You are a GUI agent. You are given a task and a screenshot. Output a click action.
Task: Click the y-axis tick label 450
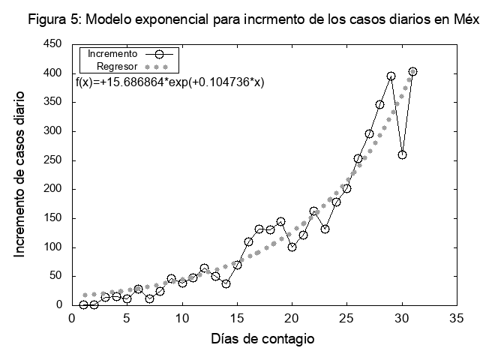click(x=52, y=44)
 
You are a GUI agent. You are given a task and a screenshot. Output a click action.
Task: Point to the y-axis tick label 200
click(x=52, y=189)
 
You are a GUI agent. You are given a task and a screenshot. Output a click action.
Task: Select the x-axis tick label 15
click(x=237, y=318)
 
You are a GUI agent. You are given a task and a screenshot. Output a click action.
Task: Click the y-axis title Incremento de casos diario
click(x=20, y=174)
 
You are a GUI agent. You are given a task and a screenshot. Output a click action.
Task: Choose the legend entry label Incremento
click(x=112, y=54)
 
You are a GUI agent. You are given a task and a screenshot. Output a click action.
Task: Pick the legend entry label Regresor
click(x=117, y=66)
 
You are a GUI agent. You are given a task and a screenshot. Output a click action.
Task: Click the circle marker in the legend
click(x=157, y=54)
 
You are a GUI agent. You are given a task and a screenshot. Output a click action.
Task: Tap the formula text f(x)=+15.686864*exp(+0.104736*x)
click(x=170, y=82)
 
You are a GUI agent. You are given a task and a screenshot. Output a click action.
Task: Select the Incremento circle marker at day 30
click(x=402, y=154)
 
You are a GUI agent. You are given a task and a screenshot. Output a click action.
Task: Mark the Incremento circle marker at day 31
click(x=412, y=72)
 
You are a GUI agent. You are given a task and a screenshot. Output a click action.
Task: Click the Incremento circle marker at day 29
click(x=391, y=76)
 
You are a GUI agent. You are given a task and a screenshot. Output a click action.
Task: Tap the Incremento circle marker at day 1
click(x=83, y=304)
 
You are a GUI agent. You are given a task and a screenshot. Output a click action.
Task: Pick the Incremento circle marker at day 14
click(x=226, y=283)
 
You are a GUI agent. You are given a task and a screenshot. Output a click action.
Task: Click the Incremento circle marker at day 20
click(x=292, y=247)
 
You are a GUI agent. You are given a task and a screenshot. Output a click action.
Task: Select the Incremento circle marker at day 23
click(x=325, y=229)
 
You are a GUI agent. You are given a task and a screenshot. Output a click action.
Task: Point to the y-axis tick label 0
click(x=58, y=305)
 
